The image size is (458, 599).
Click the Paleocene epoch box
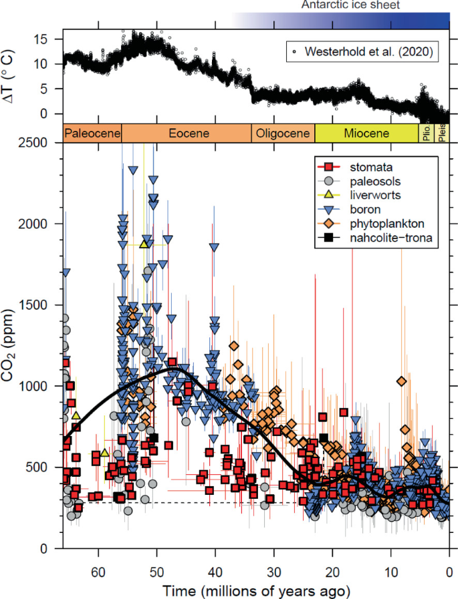(x=92, y=133)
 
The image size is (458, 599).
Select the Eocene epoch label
(x=186, y=133)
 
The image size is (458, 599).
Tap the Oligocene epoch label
(x=283, y=133)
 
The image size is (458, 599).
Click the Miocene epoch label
(x=366, y=133)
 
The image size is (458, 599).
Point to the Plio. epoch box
(x=426, y=133)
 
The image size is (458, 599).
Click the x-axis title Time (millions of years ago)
(x=256, y=590)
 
